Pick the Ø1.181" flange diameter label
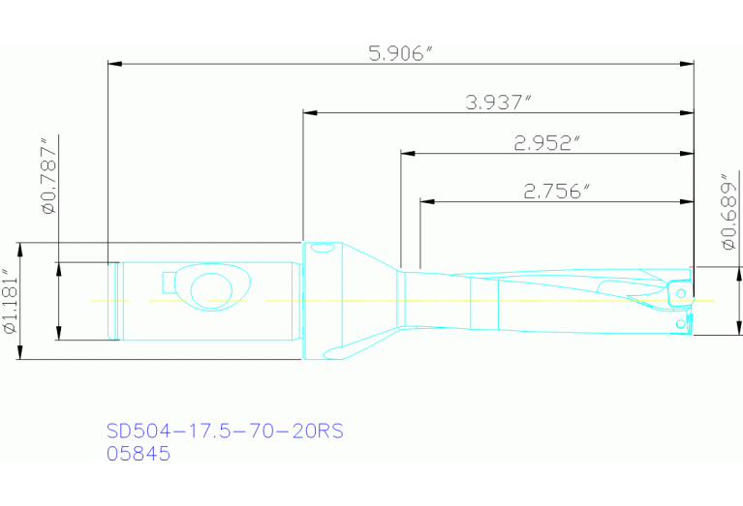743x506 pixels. (x=11, y=301)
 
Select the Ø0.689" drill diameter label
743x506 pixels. (x=729, y=212)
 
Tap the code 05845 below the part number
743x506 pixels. (x=138, y=453)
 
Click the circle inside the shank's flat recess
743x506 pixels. (x=211, y=289)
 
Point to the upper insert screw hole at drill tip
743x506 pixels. (x=682, y=291)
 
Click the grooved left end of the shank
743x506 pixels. (x=113, y=301)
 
